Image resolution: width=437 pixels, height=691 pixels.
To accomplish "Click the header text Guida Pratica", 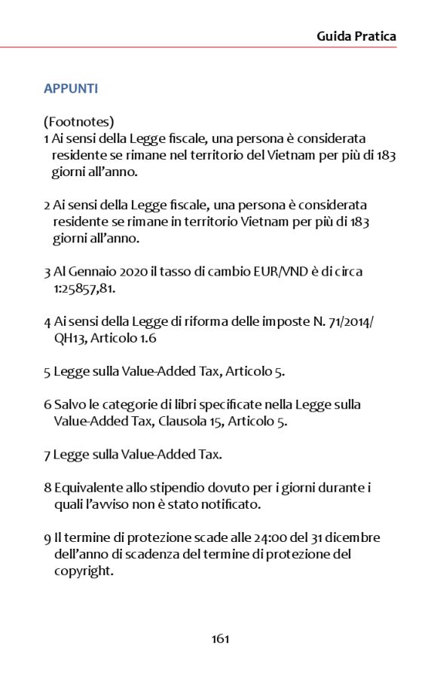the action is [x=356, y=35].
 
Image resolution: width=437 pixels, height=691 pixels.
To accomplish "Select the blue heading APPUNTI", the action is [x=71, y=89].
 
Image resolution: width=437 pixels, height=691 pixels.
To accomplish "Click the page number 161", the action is [x=219, y=639].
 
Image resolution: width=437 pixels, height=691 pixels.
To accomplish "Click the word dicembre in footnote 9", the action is [x=353, y=537].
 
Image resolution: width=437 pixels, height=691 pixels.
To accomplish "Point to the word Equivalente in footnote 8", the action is [x=87, y=488].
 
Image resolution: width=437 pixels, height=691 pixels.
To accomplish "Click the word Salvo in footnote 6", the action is [x=68, y=404].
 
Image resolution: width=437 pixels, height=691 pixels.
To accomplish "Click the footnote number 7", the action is [x=47, y=454].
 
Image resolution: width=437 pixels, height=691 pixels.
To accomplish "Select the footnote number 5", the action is [x=47, y=371].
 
